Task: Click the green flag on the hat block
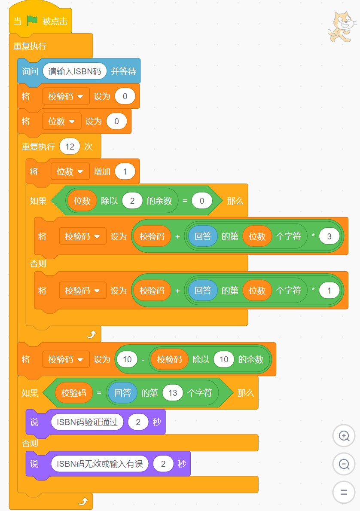point(32,21)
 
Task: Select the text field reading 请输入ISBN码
point(75,71)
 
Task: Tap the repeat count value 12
point(70,147)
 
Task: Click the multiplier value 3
point(329,236)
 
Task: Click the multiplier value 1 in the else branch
point(329,291)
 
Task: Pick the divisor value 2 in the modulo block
point(132,201)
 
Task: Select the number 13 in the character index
point(173,393)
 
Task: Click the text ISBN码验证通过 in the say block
point(87,422)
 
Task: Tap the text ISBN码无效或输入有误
point(100,463)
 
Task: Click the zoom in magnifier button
point(344,436)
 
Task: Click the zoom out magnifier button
point(344,464)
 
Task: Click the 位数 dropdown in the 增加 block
point(70,171)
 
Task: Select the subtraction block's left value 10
point(127,359)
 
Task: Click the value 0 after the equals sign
point(202,201)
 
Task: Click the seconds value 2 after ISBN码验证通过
point(138,422)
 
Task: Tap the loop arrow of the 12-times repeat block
point(92,334)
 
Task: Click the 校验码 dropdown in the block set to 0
point(66,96)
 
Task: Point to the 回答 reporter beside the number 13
point(122,393)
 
